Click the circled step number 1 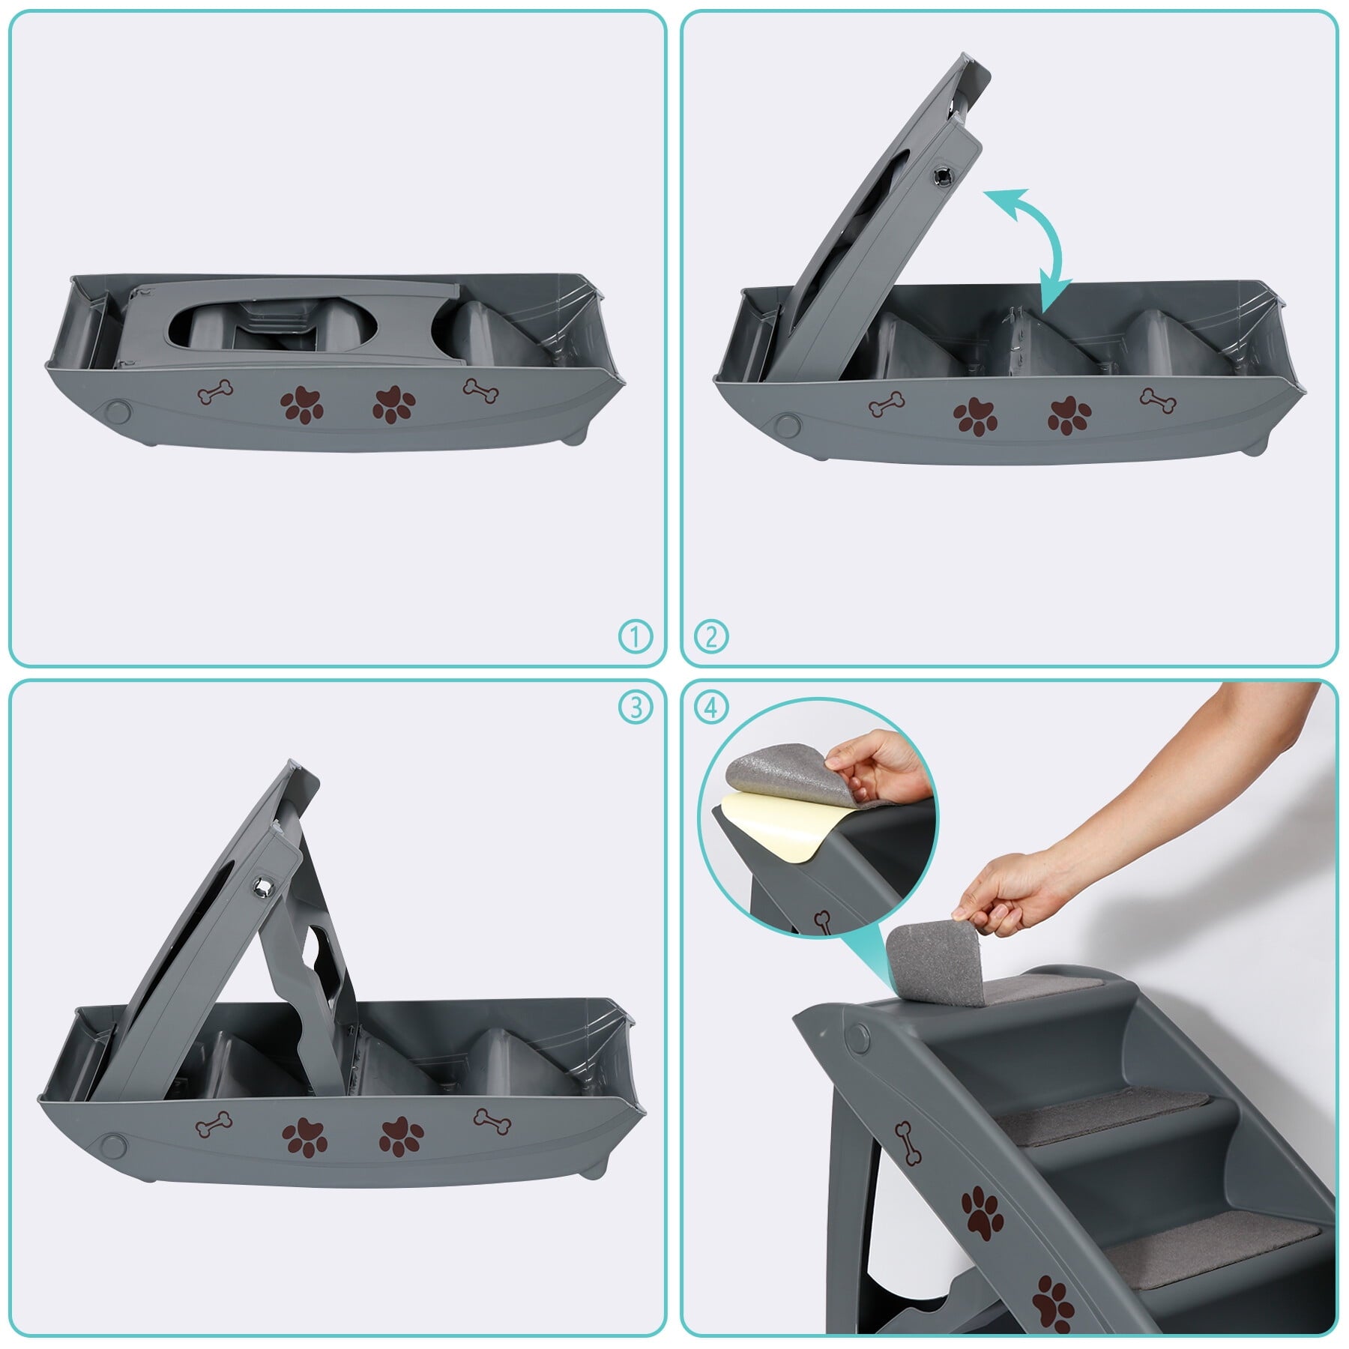[636, 636]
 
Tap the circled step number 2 [711, 636]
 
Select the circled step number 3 [636, 707]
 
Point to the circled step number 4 [711, 707]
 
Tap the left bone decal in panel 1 [216, 392]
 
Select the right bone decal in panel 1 [481, 390]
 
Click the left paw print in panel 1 [302, 405]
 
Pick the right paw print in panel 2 [1069, 416]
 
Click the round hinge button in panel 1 [118, 412]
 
